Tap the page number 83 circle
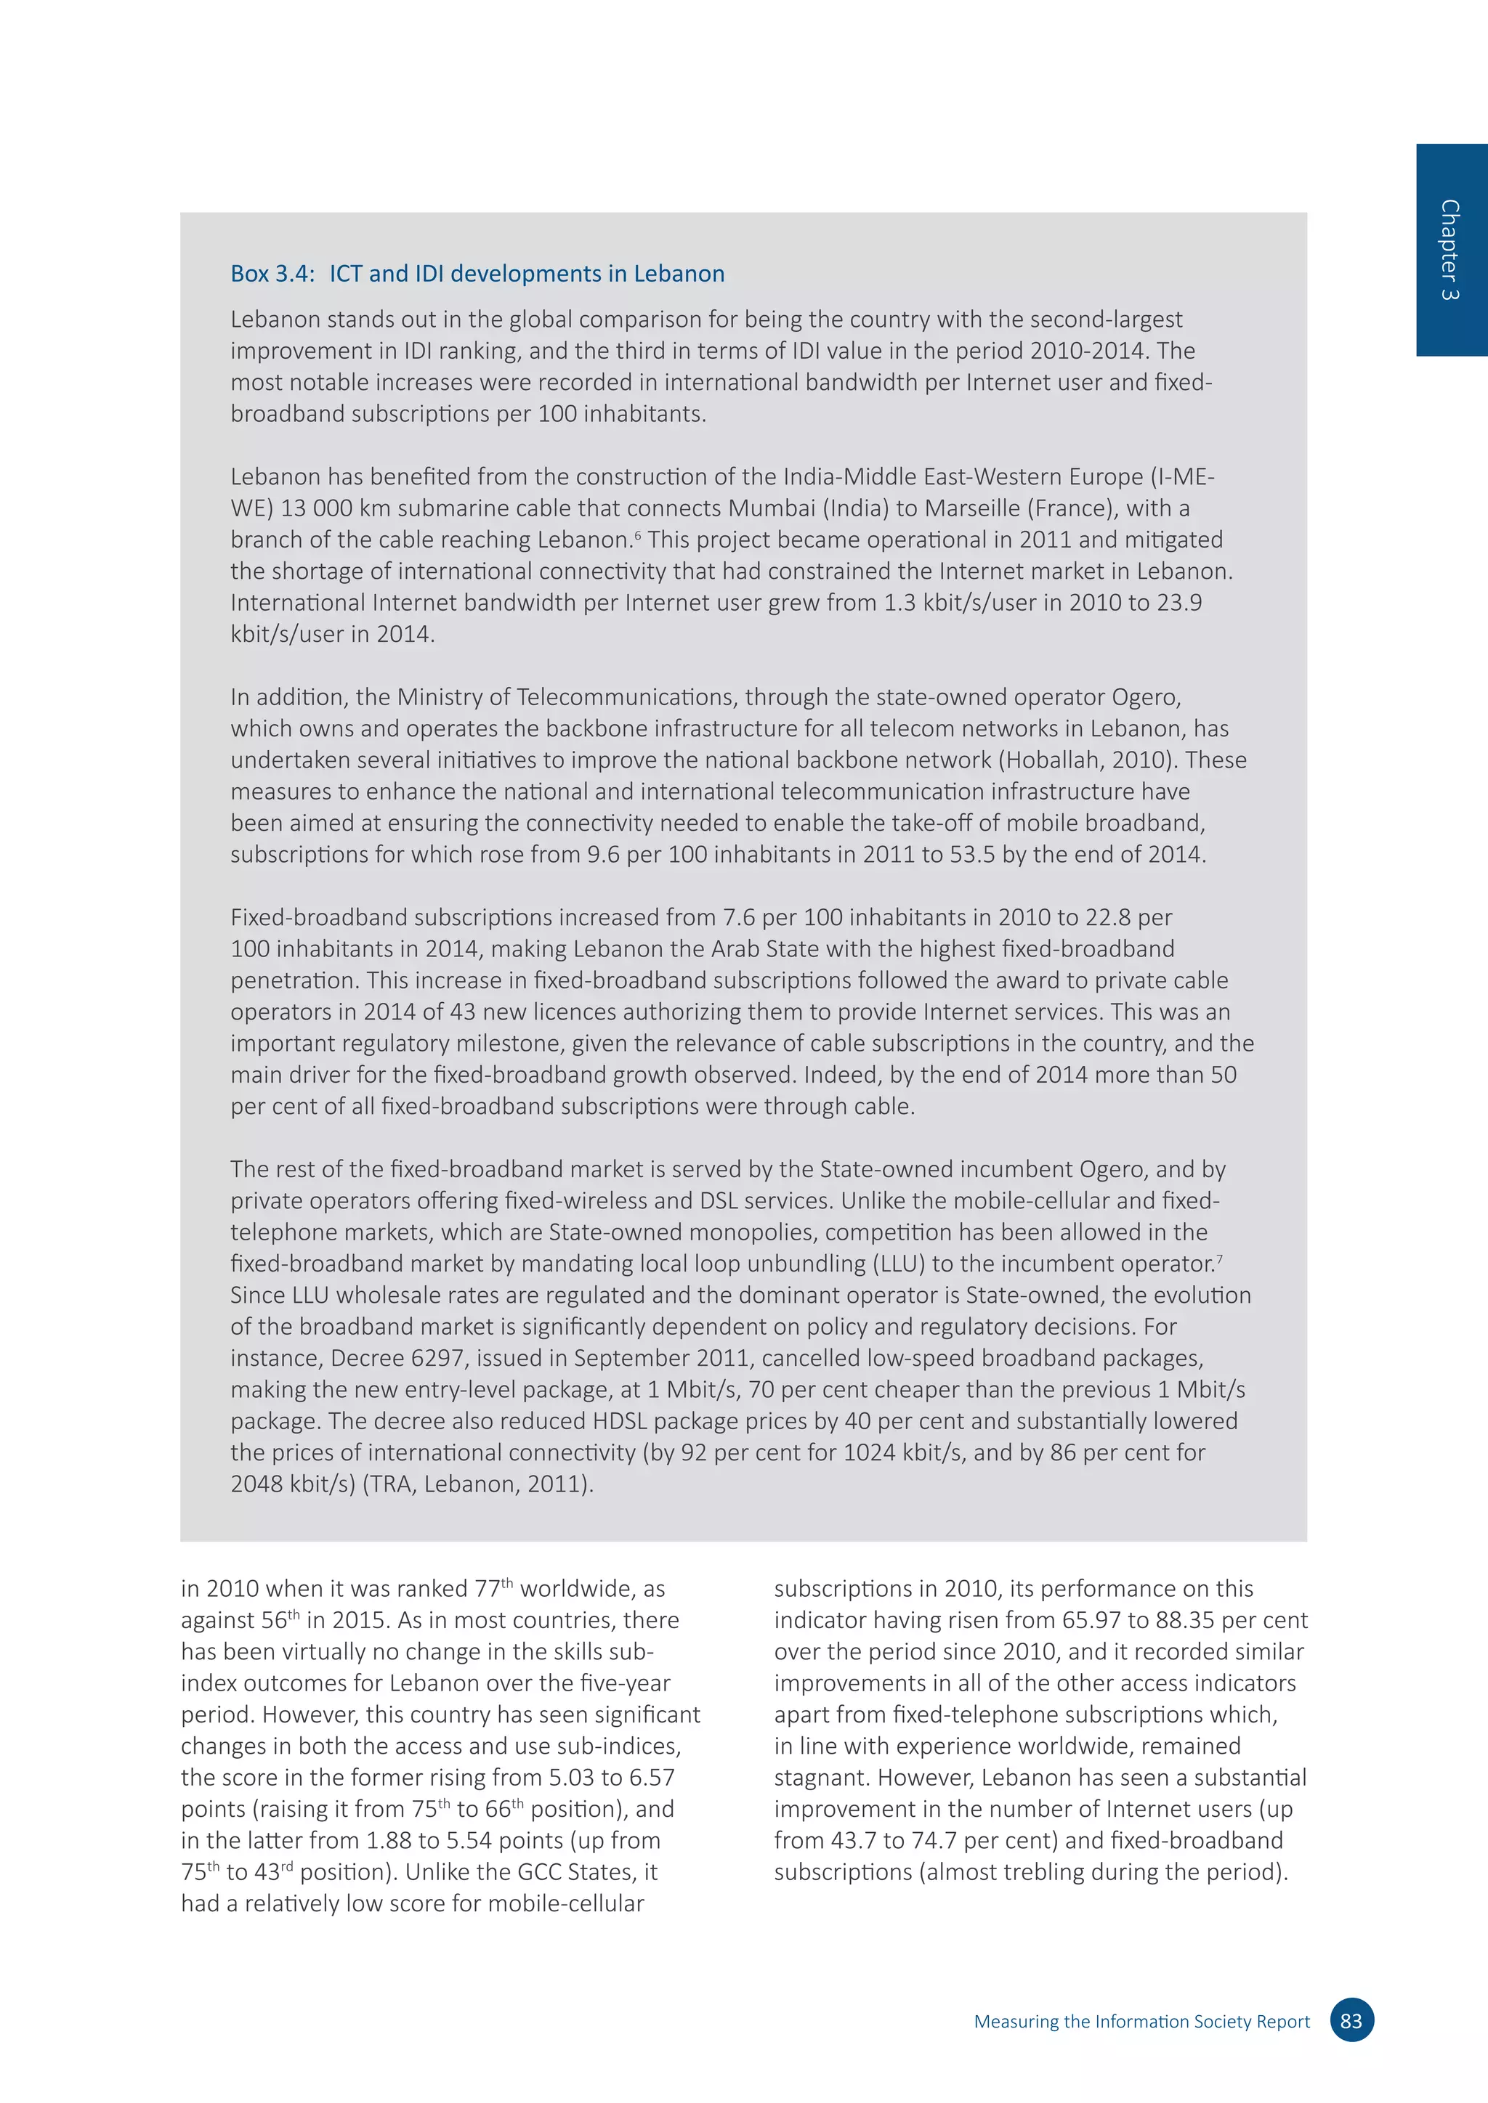pos(1351,2020)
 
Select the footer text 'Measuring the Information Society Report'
pos(1141,2022)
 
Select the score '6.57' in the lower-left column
pos(650,1778)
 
